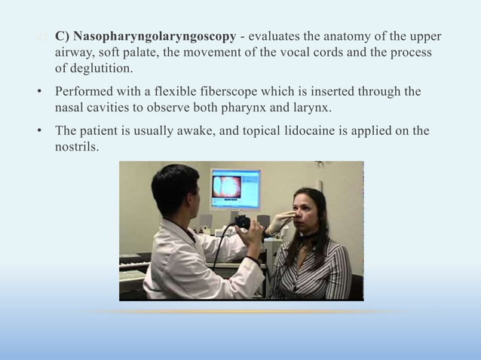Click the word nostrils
pyautogui.click(x=76, y=146)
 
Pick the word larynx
pyautogui.click(x=311, y=107)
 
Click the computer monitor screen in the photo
pyautogui.click(x=234, y=188)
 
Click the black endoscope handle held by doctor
pyautogui.click(x=243, y=224)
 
